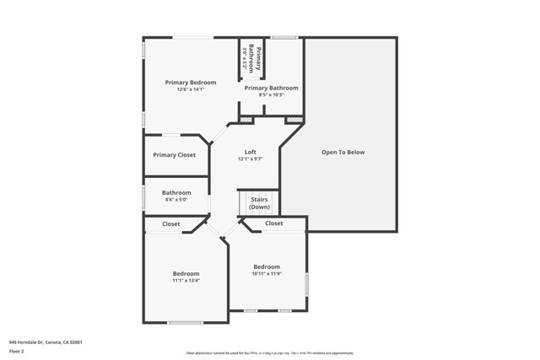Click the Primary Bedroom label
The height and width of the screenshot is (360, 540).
(191, 82)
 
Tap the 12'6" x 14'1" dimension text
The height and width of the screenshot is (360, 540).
(191, 89)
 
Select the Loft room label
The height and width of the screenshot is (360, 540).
(251, 152)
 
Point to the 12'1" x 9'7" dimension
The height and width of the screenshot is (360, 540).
(251, 159)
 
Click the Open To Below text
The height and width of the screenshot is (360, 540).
(343, 152)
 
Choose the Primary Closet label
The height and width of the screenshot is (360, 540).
(174, 155)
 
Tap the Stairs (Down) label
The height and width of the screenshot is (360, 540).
(259, 202)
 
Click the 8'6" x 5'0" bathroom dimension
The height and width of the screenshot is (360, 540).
(176, 200)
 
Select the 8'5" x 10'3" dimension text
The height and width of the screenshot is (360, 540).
(272, 94)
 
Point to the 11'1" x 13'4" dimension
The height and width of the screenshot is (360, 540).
(186, 281)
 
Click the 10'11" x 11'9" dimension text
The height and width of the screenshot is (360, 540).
(267, 274)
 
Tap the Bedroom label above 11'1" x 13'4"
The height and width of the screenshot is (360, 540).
(186, 273)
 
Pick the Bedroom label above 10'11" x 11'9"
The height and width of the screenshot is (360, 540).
(267, 266)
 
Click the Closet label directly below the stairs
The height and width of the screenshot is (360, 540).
(274, 223)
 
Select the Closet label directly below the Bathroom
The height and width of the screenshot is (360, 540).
(171, 224)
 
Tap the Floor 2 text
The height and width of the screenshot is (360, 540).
(16, 350)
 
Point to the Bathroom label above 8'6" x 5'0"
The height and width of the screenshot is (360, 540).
(176, 192)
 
